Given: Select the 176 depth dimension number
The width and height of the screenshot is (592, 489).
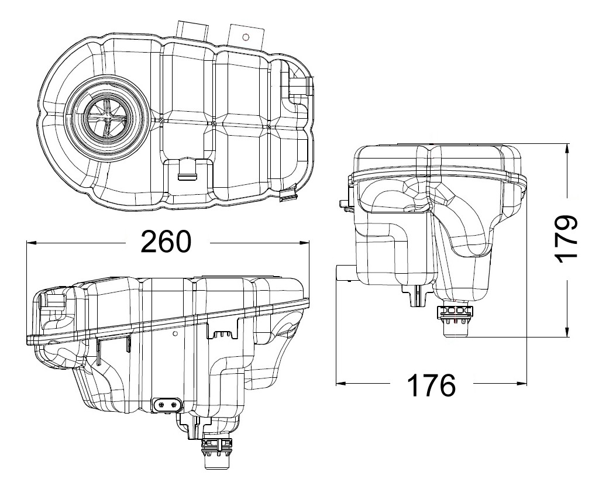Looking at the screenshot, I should (x=431, y=384).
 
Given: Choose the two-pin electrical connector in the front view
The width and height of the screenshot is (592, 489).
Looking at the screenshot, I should (x=167, y=404).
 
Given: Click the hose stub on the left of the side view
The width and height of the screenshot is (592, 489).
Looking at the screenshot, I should (x=343, y=273).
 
